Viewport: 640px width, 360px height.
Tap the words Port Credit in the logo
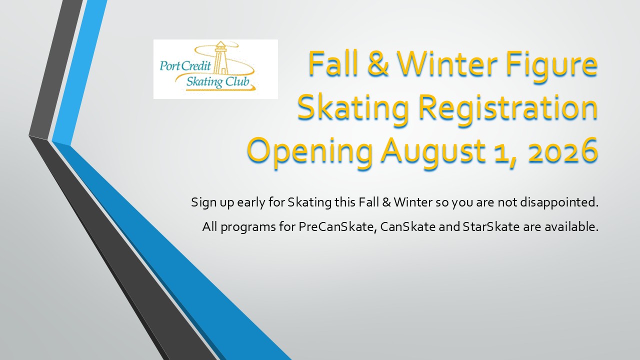tap(185, 66)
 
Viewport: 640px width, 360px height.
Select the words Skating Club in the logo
tap(217, 82)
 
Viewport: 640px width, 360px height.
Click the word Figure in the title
tap(551, 65)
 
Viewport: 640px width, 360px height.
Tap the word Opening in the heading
tap(310, 152)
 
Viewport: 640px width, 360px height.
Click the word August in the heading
tap(433, 152)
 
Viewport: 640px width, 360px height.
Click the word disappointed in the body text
tap(559, 203)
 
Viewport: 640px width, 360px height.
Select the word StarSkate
tap(491, 227)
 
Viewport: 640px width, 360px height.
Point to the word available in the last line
tap(571, 227)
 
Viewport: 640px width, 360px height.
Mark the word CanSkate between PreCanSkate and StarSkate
tap(408, 227)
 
